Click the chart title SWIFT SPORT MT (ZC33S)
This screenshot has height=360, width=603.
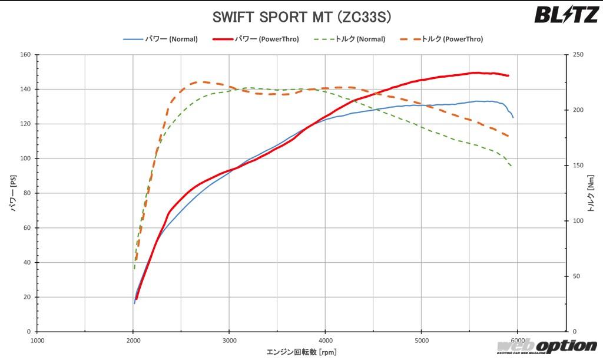click(x=301, y=16)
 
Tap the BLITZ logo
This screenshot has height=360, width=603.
click(x=566, y=14)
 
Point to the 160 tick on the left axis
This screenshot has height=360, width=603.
click(x=25, y=55)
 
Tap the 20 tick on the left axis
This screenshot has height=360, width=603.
click(x=26, y=297)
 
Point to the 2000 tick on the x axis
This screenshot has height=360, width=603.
click(x=133, y=340)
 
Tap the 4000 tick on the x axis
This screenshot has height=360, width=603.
click(x=325, y=340)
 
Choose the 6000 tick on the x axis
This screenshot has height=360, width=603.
click(x=517, y=340)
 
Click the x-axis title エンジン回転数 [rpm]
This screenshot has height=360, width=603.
click(x=301, y=352)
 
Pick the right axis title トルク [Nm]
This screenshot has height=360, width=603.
click(x=591, y=193)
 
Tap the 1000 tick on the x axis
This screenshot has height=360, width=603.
click(x=37, y=340)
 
